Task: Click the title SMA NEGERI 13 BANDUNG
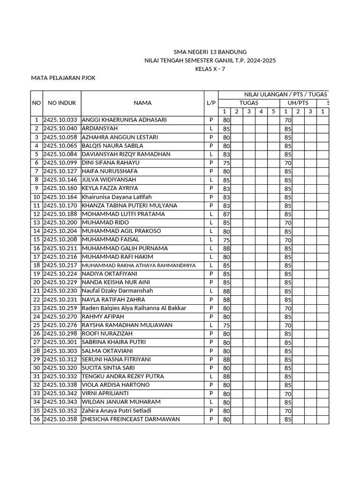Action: [210, 52]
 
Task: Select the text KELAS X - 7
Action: [210, 69]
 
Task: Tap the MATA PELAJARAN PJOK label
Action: [63, 78]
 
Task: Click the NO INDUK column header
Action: [62, 103]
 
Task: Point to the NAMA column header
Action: [142, 103]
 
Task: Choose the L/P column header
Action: [211, 103]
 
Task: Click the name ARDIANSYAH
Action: [100, 128]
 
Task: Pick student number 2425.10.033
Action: [62, 120]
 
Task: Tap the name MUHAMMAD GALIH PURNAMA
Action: [118, 248]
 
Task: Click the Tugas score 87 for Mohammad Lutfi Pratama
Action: [226, 214]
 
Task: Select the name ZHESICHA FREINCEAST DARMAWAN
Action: [131, 420]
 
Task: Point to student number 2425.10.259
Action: [62, 308]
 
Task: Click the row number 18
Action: [36, 266]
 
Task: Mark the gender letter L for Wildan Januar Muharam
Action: [211, 402]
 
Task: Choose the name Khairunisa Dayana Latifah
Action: [117, 197]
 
